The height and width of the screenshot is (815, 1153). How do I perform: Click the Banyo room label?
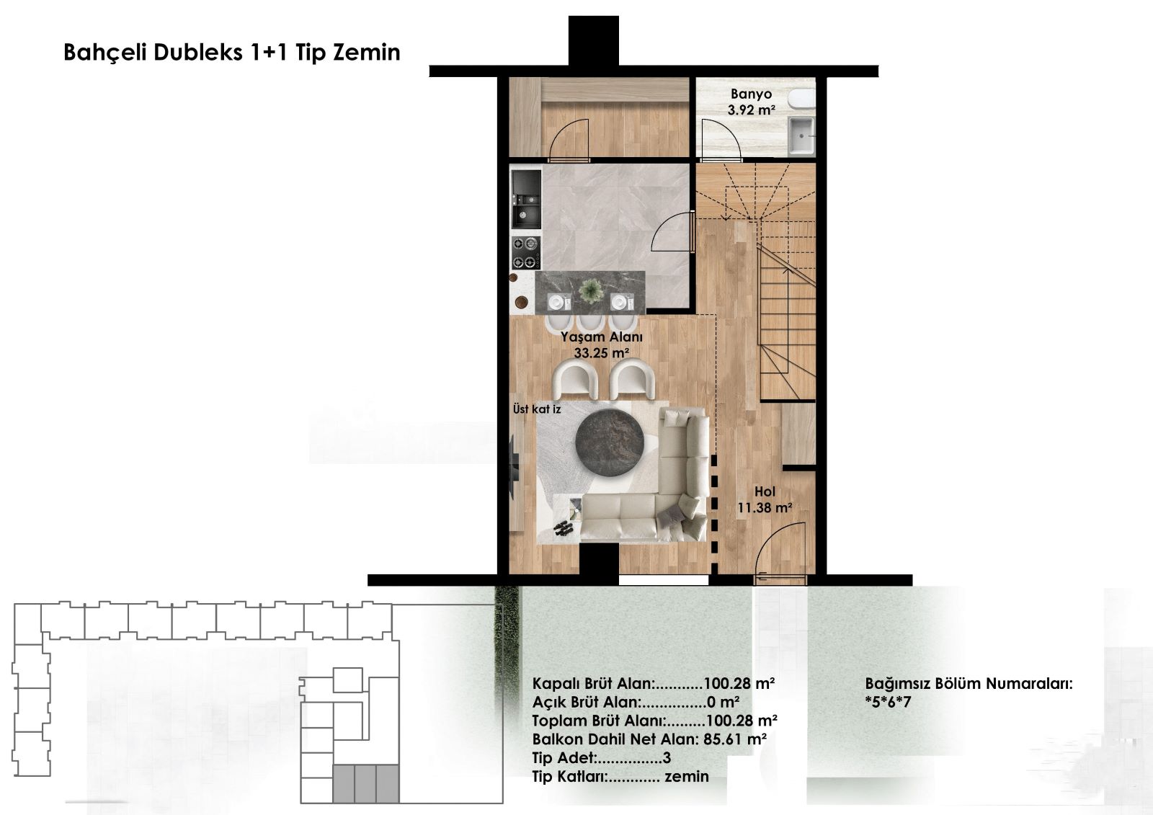coord(751,94)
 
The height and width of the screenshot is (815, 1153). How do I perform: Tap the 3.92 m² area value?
coord(751,110)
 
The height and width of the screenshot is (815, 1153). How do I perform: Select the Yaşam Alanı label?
coord(601,337)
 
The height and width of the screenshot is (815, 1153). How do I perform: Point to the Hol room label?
coord(765,491)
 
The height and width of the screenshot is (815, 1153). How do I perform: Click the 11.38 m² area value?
coord(765,507)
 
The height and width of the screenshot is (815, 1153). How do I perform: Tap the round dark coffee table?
coord(610,443)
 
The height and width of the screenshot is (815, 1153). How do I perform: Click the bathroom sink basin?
coord(801,135)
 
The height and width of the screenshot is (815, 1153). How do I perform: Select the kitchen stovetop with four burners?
coord(525,252)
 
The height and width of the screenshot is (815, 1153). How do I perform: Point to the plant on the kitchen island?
coord(590,291)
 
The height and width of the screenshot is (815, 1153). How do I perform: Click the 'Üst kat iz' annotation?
coord(536,409)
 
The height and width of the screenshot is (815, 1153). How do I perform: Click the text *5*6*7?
coord(888,702)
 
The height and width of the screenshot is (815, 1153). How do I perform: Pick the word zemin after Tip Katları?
coord(687,776)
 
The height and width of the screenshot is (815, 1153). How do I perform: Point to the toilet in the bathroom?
coord(802,98)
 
